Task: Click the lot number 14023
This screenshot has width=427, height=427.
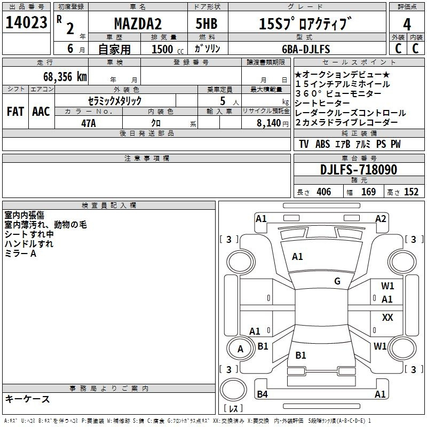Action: pyautogui.click(x=26, y=22)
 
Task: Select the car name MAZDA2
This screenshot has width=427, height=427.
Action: pyautogui.click(x=138, y=23)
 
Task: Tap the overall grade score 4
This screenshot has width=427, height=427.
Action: pyautogui.click(x=407, y=25)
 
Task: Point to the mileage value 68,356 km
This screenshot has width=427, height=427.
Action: pyautogui.click(x=65, y=77)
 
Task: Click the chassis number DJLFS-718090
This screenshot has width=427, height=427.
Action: pyautogui.click(x=359, y=170)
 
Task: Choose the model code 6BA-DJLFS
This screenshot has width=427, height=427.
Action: pyautogui.click(x=306, y=49)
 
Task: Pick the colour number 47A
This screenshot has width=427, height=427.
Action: pyautogui.click(x=89, y=123)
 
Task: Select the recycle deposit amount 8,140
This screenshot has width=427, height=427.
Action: pyautogui.click(x=269, y=123)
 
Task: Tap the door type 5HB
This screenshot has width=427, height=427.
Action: pyautogui.click(x=207, y=23)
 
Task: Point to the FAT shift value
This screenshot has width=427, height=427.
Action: pyautogui.click(x=15, y=112)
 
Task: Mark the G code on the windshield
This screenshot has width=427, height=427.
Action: pyautogui.click(x=337, y=281)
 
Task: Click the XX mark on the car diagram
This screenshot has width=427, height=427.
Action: pyautogui.click(x=388, y=317)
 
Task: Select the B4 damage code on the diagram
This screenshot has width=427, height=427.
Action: pyautogui.click(x=262, y=394)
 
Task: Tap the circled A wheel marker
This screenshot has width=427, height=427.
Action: pyautogui.click(x=240, y=349)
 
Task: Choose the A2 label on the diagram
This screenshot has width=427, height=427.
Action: pyautogui.click(x=381, y=219)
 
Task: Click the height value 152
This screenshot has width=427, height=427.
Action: pyautogui.click(x=411, y=192)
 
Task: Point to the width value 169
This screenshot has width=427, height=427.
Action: pyautogui.click(x=368, y=192)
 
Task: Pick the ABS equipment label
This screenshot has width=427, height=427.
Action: pyautogui.click(x=323, y=144)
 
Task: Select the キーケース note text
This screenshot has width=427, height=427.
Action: pyautogui.click(x=28, y=399)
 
